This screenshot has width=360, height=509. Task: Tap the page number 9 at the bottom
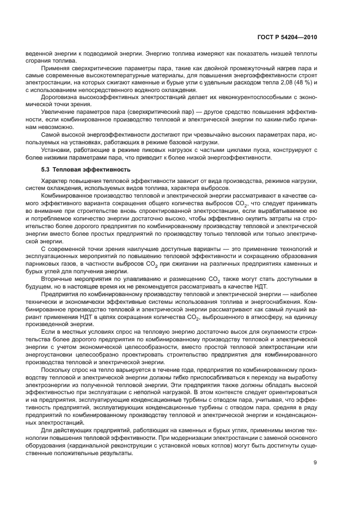(315, 463)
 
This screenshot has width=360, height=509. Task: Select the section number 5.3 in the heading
(46, 169)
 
